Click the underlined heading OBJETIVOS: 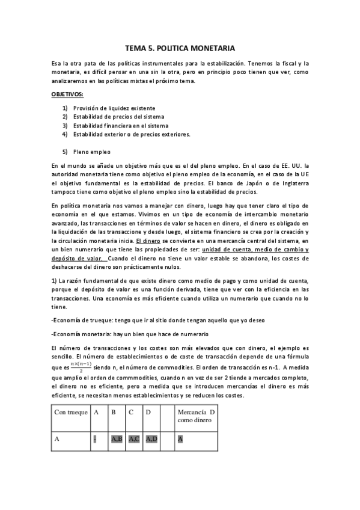coord(67,96)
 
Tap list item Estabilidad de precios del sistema coord(118,116)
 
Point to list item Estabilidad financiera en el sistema coord(121,125)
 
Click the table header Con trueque coord(70,412)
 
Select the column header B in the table coord(113,412)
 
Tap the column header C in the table coord(131,412)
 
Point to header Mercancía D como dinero coord(196,416)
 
